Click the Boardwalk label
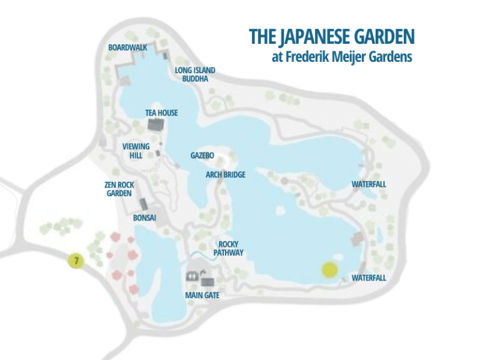click(127, 47)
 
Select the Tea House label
click(161, 112)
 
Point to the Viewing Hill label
click(136, 151)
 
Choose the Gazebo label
click(202, 155)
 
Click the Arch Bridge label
click(226, 175)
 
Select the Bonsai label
click(144, 219)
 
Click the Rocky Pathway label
click(228, 248)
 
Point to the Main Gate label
click(202, 295)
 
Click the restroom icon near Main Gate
click(192, 276)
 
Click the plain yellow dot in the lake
click(329, 270)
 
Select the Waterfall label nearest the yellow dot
click(369, 277)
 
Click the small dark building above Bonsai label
click(144, 204)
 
